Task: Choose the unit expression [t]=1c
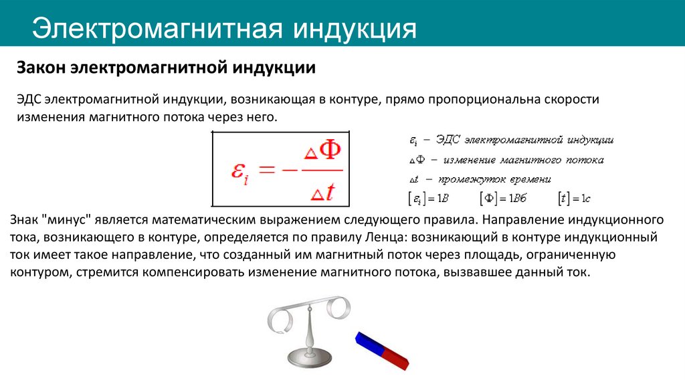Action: coord(575,198)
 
